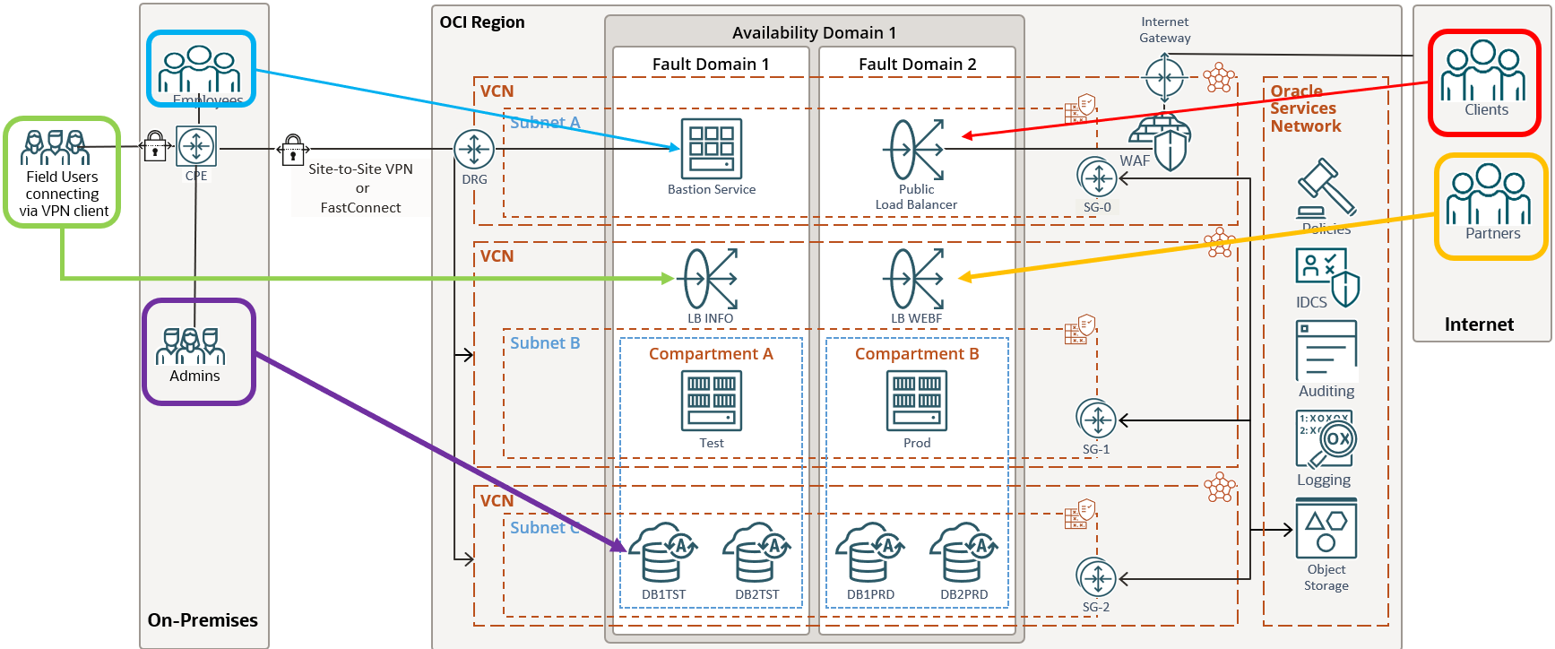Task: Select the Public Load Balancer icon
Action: (915, 150)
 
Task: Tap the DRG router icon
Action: (474, 150)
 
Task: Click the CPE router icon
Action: (196, 146)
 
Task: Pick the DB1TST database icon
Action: (661, 554)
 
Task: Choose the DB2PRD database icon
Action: (963, 554)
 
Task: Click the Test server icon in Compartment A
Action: (712, 401)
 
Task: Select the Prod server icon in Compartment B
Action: (917, 401)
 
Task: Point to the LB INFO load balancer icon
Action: (711, 279)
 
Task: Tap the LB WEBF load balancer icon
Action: (916, 279)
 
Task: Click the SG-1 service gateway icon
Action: (1096, 420)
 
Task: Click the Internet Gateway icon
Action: (1164, 77)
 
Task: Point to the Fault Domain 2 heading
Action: (917, 65)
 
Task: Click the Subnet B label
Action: (545, 343)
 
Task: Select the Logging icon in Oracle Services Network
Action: (1326, 440)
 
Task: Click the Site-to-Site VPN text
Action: (360, 169)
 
